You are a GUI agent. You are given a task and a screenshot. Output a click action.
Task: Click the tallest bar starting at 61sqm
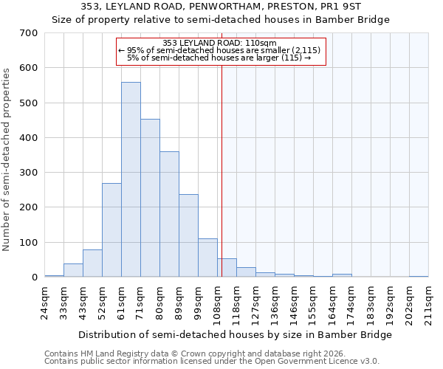tap(131, 179)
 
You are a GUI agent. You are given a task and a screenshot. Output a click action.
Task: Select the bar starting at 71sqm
tap(150, 198)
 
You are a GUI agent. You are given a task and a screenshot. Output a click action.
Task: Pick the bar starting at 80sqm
tap(169, 214)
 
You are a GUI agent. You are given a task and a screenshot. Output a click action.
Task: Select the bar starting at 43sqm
tap(92, 263)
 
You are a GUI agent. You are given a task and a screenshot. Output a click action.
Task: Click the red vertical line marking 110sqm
tap(221, 170)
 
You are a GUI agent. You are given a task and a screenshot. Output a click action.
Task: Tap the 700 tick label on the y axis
tap(29, 33)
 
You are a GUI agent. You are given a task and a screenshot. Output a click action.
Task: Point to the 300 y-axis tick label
tap(29, 173)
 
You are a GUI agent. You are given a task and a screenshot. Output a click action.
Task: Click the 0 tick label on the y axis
tap(34, 277)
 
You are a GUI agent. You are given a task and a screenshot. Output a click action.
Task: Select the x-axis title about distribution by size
tap(235, 334)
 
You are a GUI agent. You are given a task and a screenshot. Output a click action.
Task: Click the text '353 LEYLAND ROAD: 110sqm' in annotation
tap(219, 43)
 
